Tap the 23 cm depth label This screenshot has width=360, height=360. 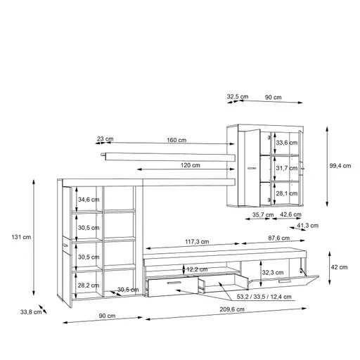(x=105, y=140)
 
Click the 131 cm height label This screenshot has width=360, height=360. (x=22, y=237)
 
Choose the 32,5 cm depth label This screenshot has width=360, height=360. (x=237, y=96)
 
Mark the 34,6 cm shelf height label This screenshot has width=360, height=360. (x=88, y=200)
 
